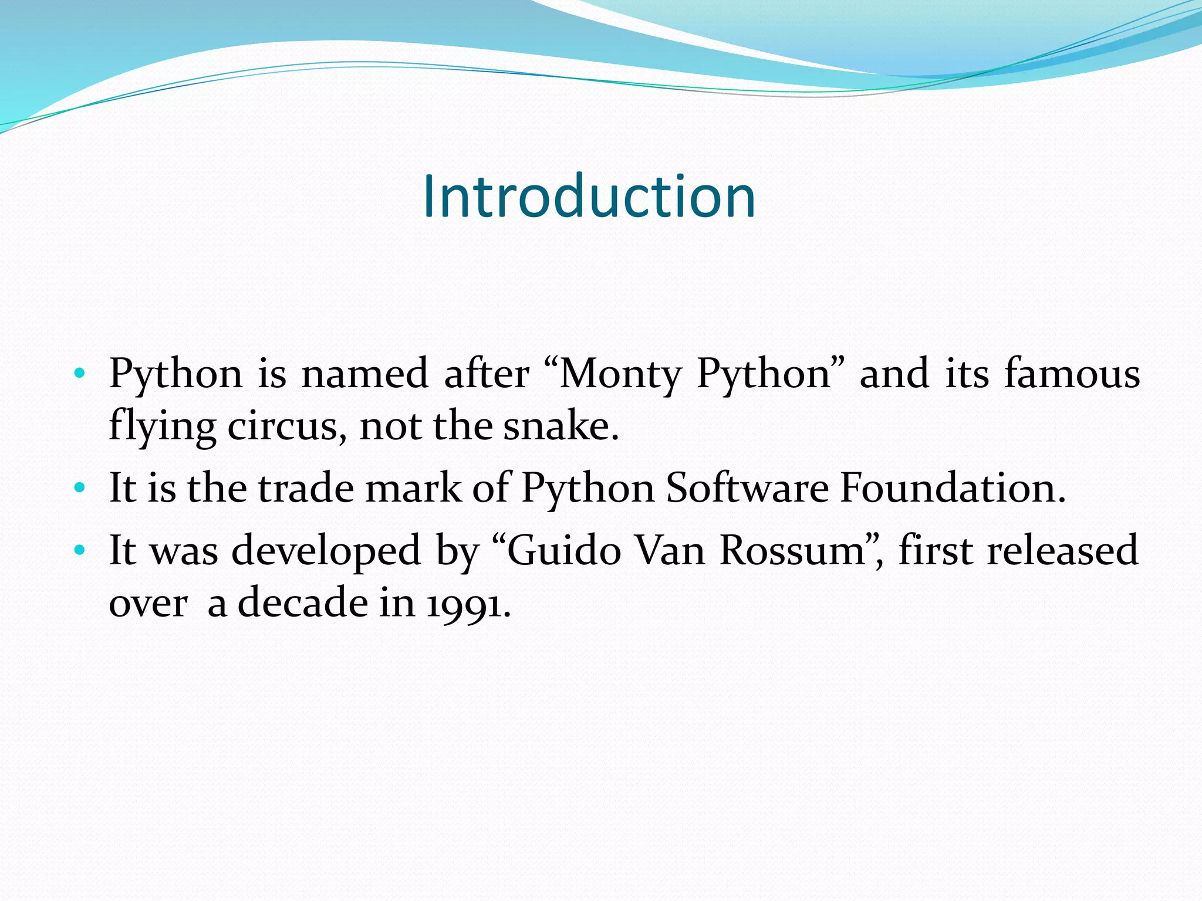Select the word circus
(282, 426)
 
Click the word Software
(747, 487)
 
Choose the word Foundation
(952, 487)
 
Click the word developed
(326, 551)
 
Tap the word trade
(306, 487)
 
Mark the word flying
(163, 427)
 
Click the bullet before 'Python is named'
(80, 373)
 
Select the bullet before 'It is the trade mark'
(80, 487)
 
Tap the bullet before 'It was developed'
(80, 550)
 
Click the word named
(364, 373)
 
